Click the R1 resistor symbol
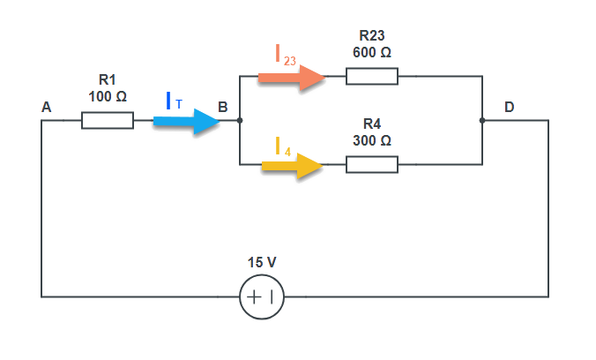108,120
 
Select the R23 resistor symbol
371,77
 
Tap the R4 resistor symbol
371,164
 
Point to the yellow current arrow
291,165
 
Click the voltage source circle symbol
262,297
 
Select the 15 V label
262,263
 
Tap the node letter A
46,108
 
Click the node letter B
223,108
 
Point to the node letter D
510,108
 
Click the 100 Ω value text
108,95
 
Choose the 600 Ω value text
371,52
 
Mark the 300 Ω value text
371,140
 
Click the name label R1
108,80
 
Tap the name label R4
371,124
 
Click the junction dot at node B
240,120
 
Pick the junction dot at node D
482,120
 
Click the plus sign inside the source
254,297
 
